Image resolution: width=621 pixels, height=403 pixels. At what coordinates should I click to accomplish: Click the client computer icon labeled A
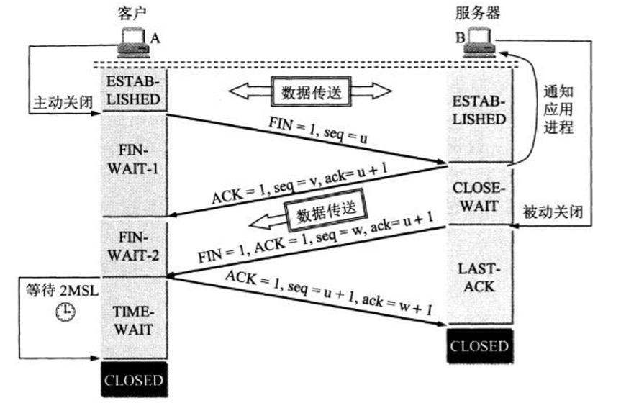(x=132, y=42)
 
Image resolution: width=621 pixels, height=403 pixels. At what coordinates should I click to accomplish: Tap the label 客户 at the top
(x=132, y=13)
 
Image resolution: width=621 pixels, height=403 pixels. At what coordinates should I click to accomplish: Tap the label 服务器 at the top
(x=479, y=13)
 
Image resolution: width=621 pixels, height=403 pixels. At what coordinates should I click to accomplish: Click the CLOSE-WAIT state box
(x=479, y=196)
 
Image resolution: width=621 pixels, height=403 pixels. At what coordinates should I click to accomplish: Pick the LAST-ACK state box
(x=479, y=276)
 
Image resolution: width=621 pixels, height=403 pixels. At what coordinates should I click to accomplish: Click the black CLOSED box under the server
(x=479, y=346)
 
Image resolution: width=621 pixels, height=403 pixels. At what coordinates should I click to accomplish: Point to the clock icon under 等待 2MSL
(x=67, y=312)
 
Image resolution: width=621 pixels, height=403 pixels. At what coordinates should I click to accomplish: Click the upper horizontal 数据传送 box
(x=310, y=91)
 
